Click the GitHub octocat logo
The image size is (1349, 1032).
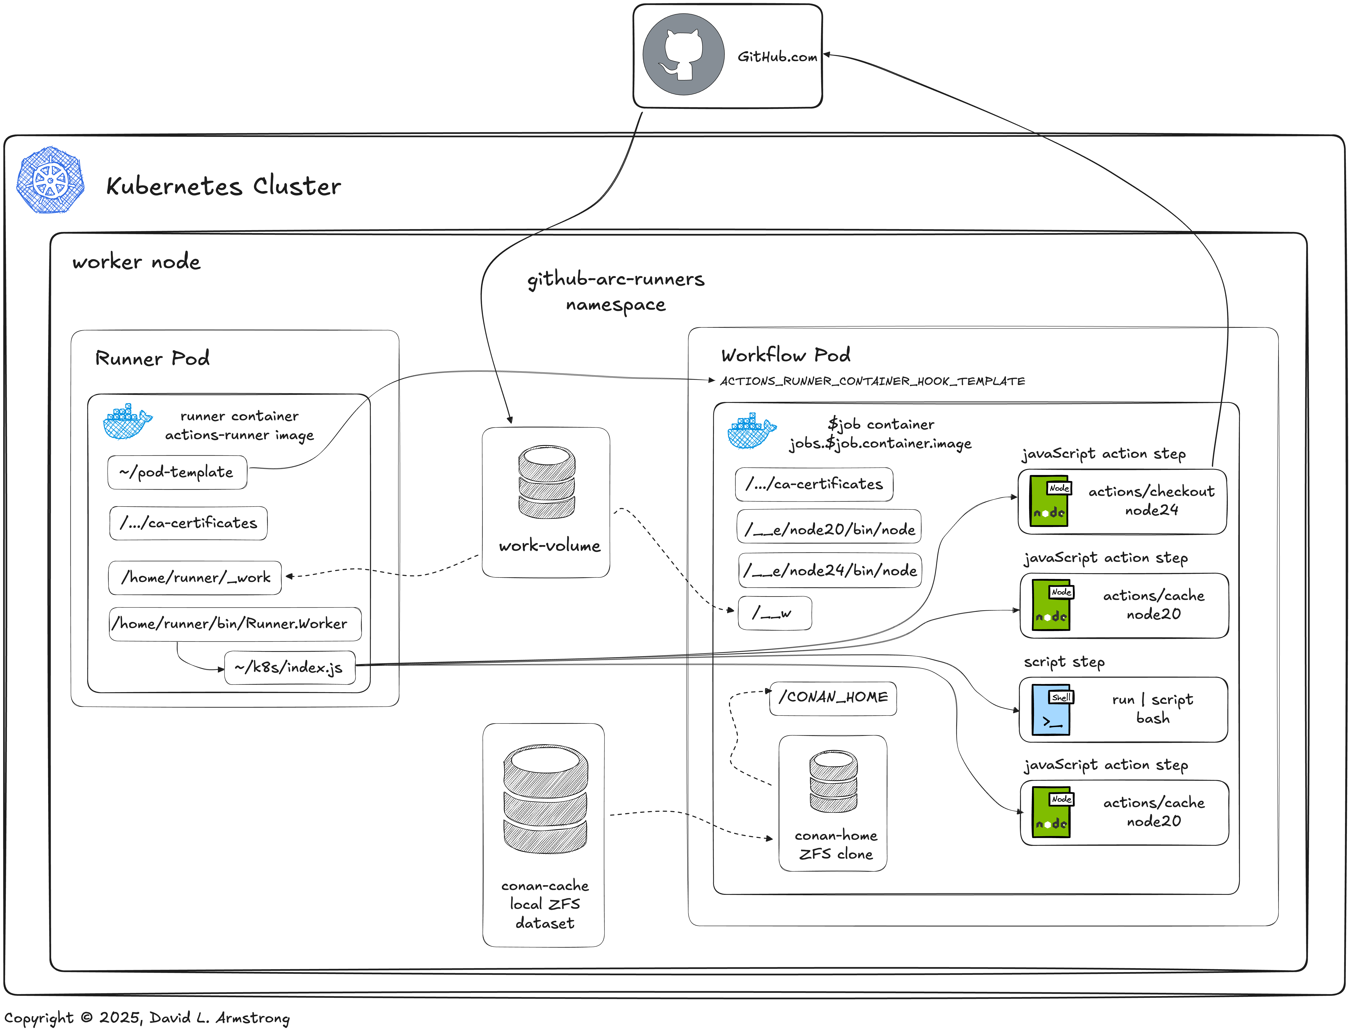pos(683,55)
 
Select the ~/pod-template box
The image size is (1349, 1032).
pos(177,472)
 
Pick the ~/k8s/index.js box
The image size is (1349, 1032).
pos(289,667)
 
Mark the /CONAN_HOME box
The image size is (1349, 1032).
pos(833,697)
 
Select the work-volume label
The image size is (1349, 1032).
pos(549,546)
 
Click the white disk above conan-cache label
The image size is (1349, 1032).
pos(545,760)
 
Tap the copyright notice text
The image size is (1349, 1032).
pos(147,1018)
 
